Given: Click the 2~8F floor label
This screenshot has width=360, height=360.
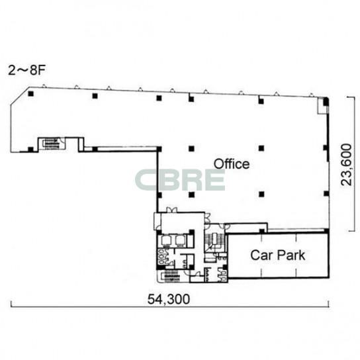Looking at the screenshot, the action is [x=26, y=70].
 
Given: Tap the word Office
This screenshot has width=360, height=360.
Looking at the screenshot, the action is [x=232, y=164].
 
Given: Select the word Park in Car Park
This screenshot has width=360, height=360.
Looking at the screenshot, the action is [x=291, y=255].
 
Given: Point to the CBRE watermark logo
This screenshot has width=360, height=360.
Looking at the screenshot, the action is [x=180, y=180].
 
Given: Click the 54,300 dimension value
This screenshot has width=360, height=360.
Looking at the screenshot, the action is [x=169, y=299].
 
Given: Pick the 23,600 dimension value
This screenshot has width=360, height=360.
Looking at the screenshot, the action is [x=346, y=164].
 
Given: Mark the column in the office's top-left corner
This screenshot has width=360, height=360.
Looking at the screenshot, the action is [x=30, y=94].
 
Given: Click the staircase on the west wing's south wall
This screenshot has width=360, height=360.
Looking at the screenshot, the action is [x=51, y=144].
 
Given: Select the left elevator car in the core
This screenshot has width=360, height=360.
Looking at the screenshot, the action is [x=165, y=240].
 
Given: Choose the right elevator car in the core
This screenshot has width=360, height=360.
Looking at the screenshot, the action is [x=180, y=240].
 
